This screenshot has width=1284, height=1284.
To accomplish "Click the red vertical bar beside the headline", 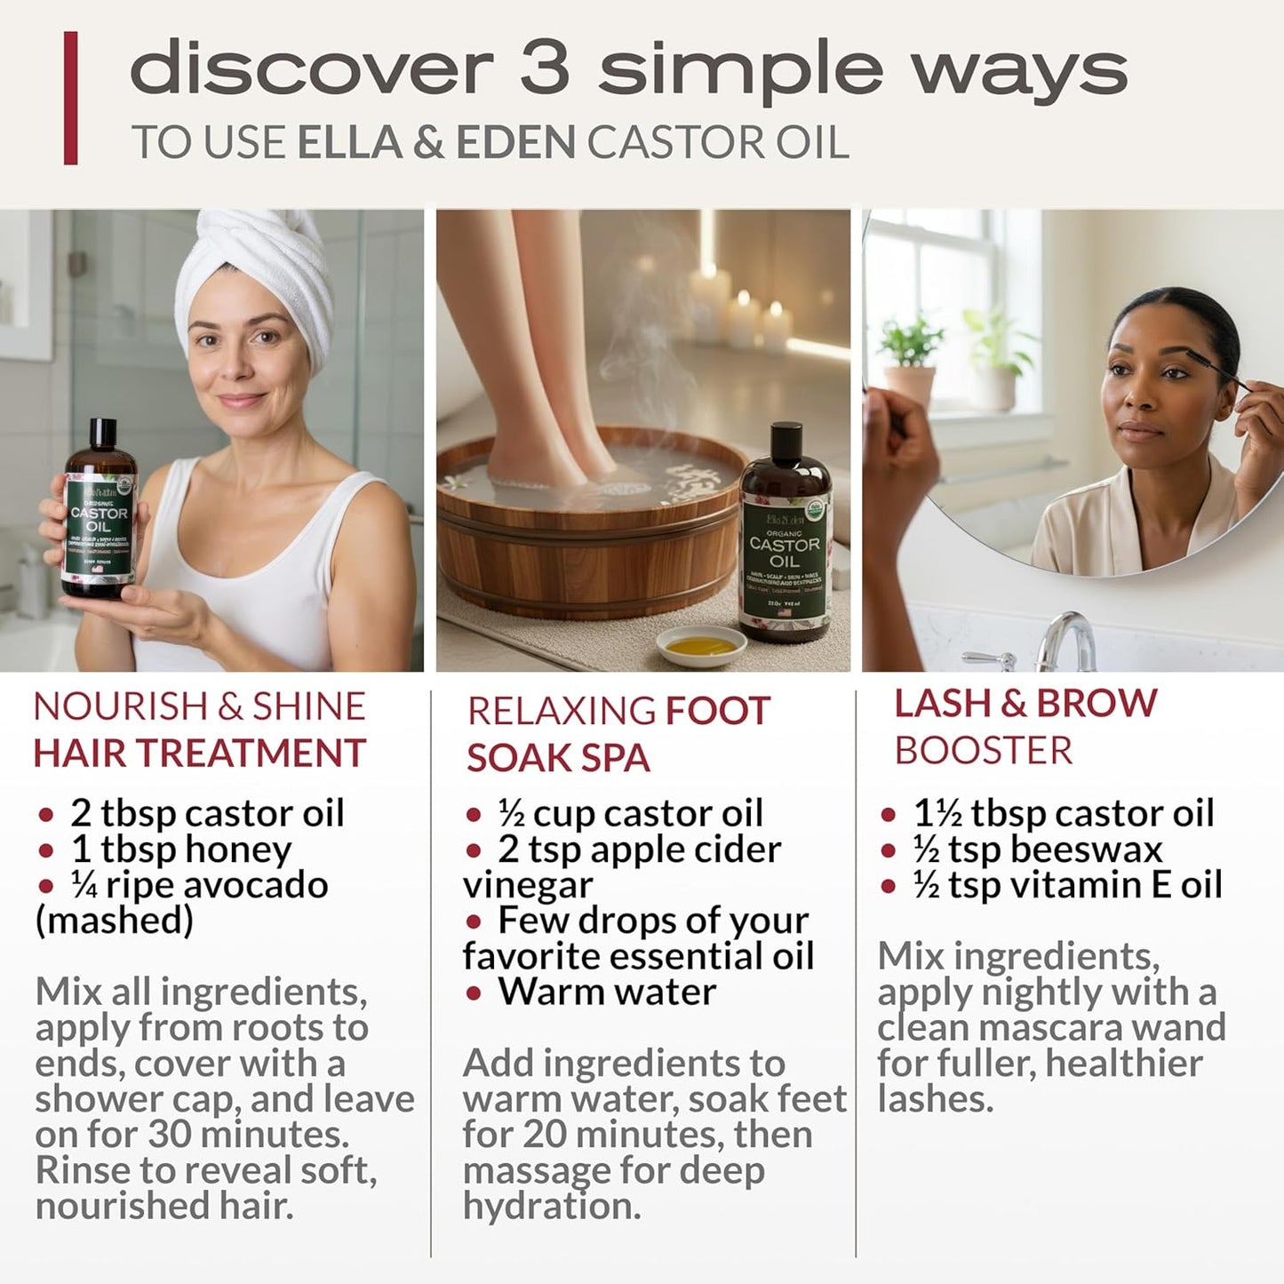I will click(x=70, y=98).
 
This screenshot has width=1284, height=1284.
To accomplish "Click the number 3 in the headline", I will click(x=544, y=69).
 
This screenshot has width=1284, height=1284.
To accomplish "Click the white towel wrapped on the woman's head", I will click(x=258, y=267).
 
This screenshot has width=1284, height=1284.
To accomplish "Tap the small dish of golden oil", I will click(x=701, y=645).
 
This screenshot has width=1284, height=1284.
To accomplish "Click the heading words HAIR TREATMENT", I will click(x=199, y=754).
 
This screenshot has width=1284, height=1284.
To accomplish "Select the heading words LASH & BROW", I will click(x=1025, y=704).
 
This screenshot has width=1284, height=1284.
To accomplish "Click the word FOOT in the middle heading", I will click(x=718, y=712).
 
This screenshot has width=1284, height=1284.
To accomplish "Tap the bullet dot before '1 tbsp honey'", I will click(x=46, y=851).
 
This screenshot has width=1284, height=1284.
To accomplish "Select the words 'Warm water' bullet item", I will click(x=607, y=992).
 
